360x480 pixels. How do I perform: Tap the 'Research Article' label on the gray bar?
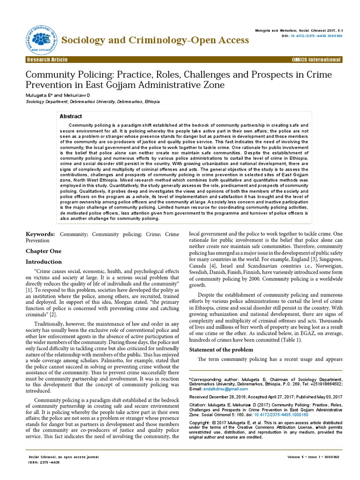[x=47, y=60]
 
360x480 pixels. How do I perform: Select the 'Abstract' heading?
[x=71, y=116]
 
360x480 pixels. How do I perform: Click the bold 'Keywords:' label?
[x=40, y=234]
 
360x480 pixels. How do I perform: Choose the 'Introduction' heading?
[x=43, y=262]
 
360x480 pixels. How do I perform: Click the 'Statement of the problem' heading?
[x=221, y=350]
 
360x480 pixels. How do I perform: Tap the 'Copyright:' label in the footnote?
[x=201, y=422]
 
